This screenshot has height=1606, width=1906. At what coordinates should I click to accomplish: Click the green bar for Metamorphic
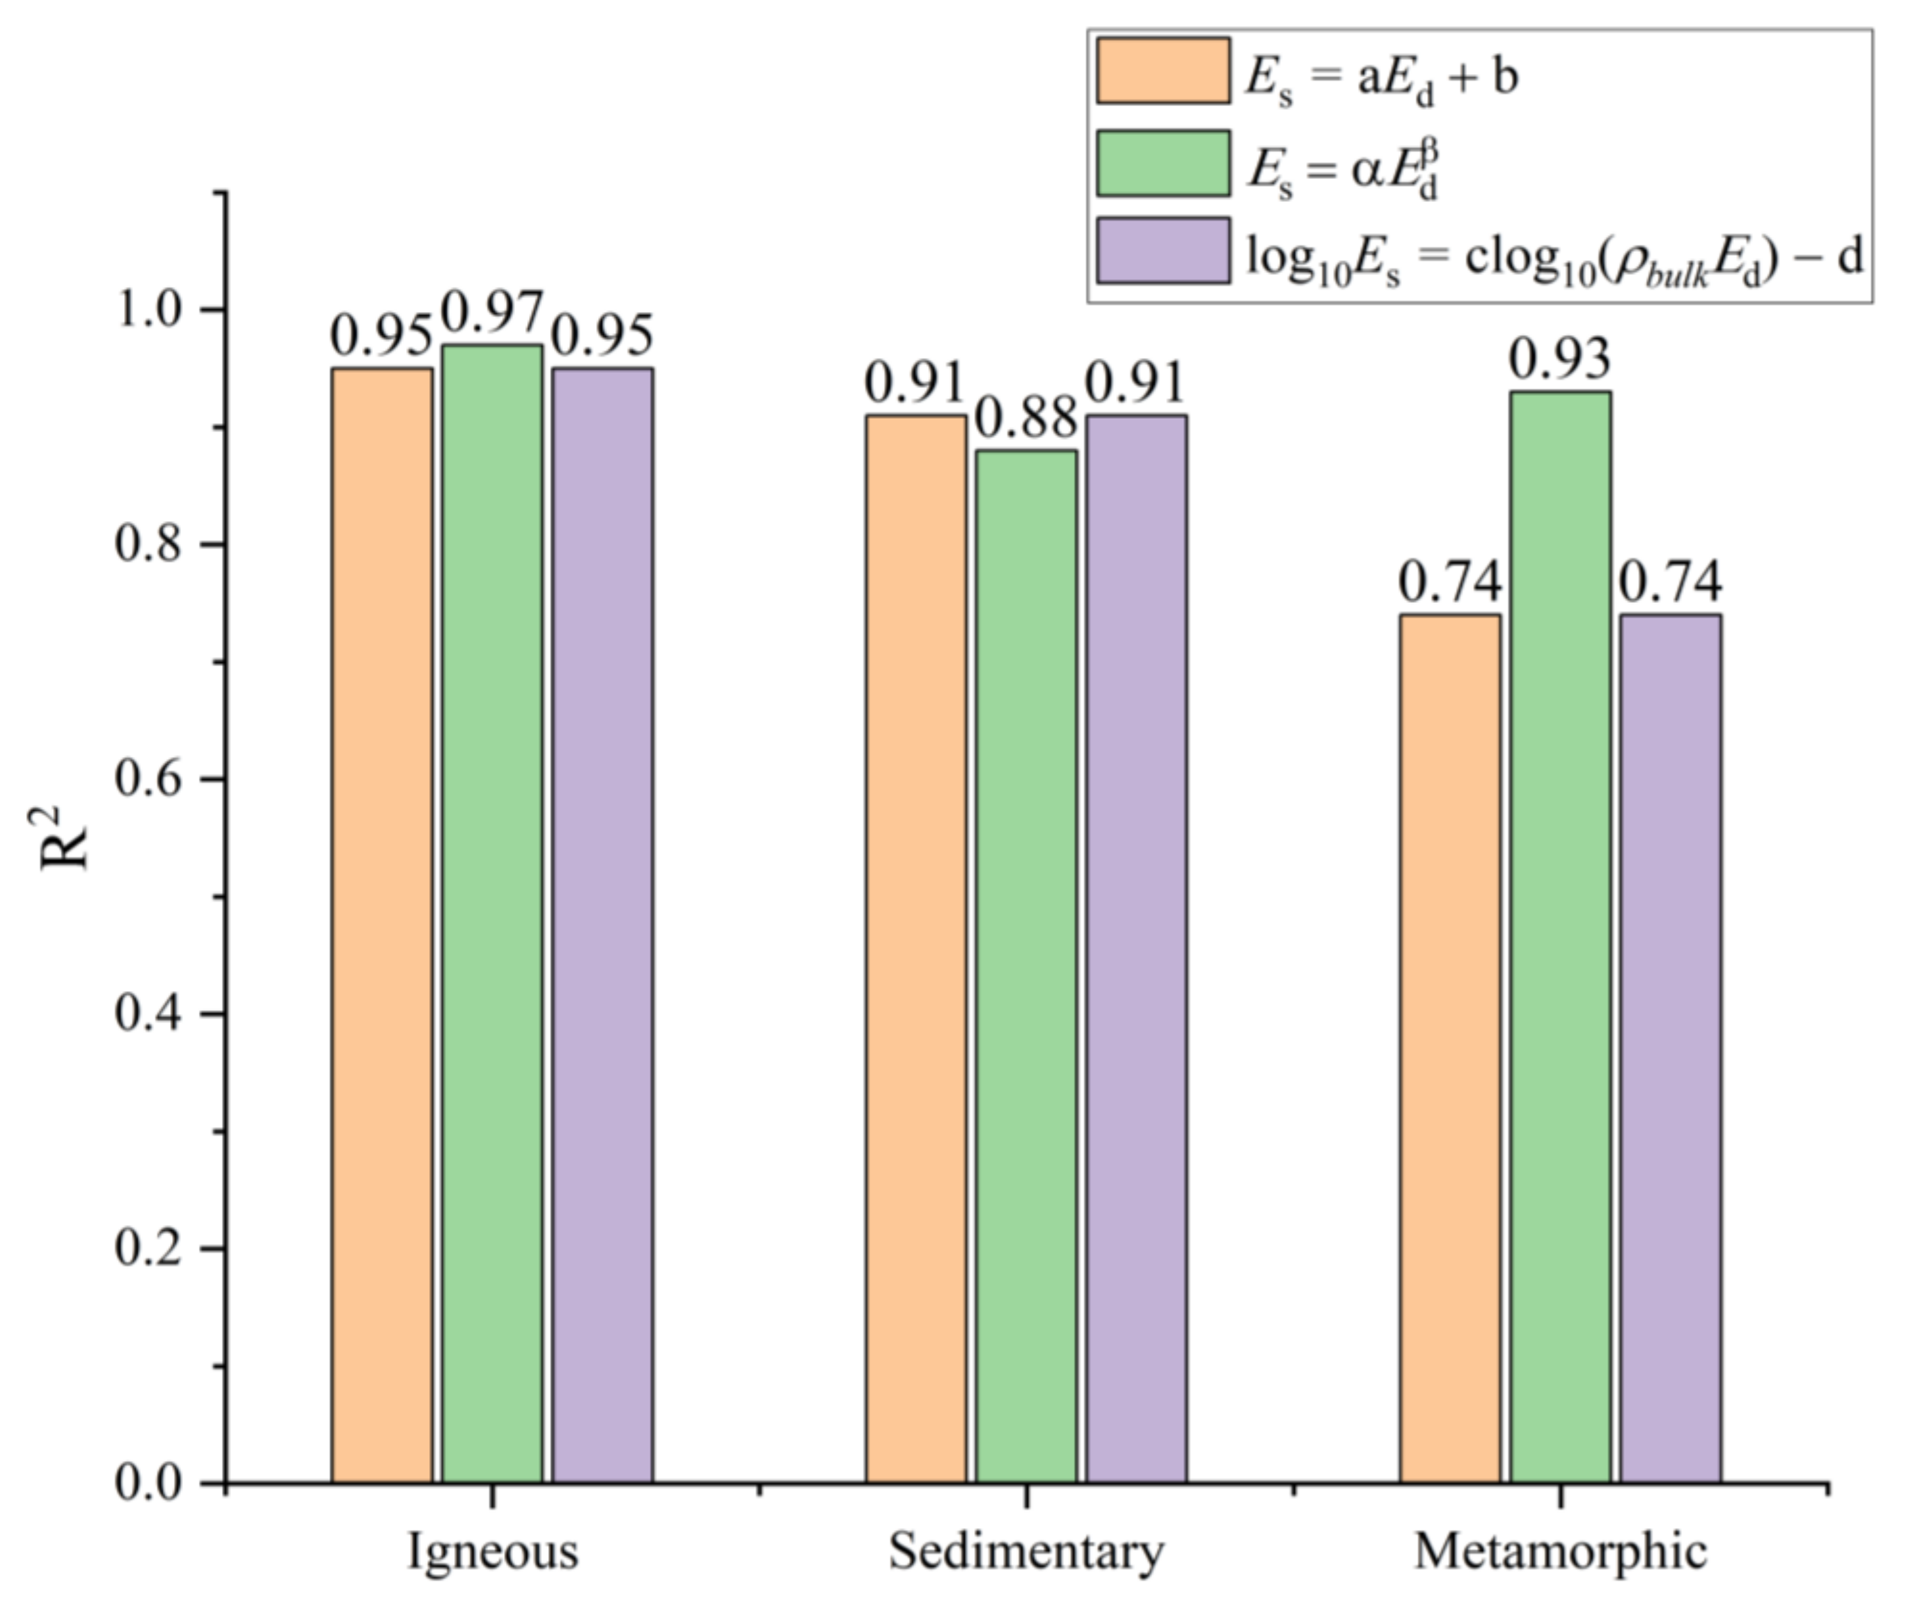click(x=1560, y=938)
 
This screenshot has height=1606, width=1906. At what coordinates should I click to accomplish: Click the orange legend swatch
click(x=1163, y=71)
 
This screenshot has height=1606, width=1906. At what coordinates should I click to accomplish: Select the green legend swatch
click(x=1163, y=163)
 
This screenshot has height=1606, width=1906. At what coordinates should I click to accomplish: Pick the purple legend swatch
click(x=1163, y=251)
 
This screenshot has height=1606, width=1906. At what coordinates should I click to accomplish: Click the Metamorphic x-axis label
click(x=1560, y=1552)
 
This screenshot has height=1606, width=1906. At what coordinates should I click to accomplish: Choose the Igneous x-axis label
click(x=492, y=1552)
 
